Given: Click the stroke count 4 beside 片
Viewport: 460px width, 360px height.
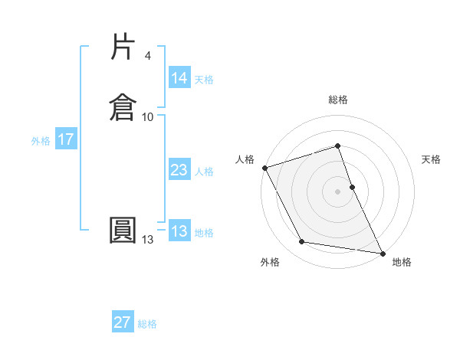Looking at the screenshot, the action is (x=147, y=56).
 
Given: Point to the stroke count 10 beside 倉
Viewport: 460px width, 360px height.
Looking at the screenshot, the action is (x=147, y=116).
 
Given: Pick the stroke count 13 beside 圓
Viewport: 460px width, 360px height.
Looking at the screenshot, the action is (x=147, y=240).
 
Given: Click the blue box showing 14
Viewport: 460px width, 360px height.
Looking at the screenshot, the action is (x=179, y=78).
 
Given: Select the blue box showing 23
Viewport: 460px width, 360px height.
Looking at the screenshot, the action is (x=179, y=171).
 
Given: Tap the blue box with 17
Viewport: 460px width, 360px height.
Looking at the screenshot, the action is (x=66, y=140).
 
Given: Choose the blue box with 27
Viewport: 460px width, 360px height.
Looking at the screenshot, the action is (x=123, y=323).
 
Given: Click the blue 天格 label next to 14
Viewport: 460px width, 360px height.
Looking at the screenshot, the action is (x=204, y=79).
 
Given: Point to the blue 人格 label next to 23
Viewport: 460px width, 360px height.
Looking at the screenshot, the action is (x=204, y=172).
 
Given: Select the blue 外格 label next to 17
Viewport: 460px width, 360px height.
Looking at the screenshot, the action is (x=41, y=141).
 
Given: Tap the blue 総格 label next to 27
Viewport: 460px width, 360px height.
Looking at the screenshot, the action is (x=147, y=324).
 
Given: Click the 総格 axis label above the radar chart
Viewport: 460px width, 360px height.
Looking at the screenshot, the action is (x=338, y=100).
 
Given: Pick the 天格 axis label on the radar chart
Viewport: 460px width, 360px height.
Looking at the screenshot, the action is (x=432, y=159).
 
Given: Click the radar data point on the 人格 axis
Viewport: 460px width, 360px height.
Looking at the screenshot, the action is (x=264, y=168).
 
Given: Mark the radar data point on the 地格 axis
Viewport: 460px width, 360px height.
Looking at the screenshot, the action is (x=382, y=252).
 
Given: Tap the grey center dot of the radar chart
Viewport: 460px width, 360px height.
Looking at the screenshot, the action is (x=338, y=191).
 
